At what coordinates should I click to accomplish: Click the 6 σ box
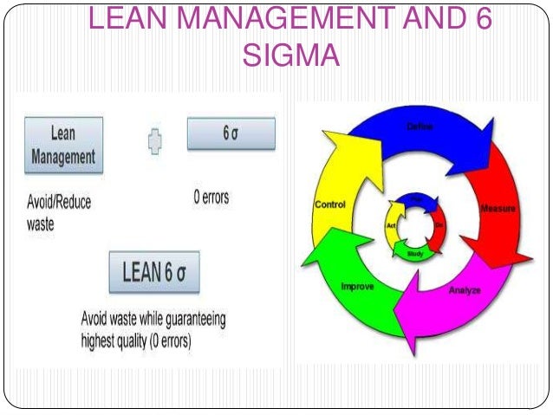pyautogui.click(x=231, y=134)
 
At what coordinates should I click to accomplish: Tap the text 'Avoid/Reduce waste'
pyautogui.click(x=57, y=212)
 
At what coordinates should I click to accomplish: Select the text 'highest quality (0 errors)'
pyautogui.click(x=136, y=340)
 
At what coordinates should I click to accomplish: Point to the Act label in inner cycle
pyautogui.click(x=391, y=226)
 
